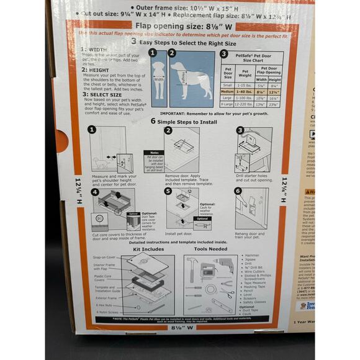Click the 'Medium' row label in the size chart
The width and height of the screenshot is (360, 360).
point(227,91)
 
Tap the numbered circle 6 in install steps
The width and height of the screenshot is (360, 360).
point(239,191)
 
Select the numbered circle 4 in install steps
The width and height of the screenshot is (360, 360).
point(94,192)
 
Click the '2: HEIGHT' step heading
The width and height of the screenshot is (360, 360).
point(94,70)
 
